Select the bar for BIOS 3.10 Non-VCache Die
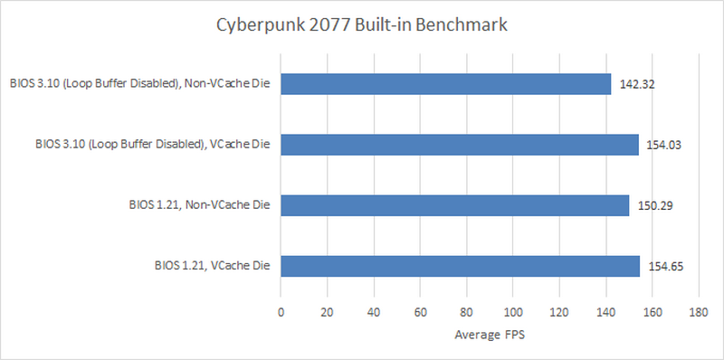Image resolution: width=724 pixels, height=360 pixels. [x=445, y=84]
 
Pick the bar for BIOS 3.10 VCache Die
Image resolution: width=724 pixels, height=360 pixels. [x=459, y=145]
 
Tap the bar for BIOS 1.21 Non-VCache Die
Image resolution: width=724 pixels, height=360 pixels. [x=454, y=205]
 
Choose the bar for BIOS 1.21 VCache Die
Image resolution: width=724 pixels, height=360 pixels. [x=460, y=266]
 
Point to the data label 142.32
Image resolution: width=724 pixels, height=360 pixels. [x=637, y=84]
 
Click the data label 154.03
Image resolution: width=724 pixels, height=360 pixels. [x=664, y=145]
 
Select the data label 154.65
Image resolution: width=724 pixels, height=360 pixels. [x=665, y=266]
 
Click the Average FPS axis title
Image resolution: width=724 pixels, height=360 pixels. [x=489, y=336]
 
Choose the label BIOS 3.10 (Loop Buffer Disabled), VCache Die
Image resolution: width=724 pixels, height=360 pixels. [x=154, y=145]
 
